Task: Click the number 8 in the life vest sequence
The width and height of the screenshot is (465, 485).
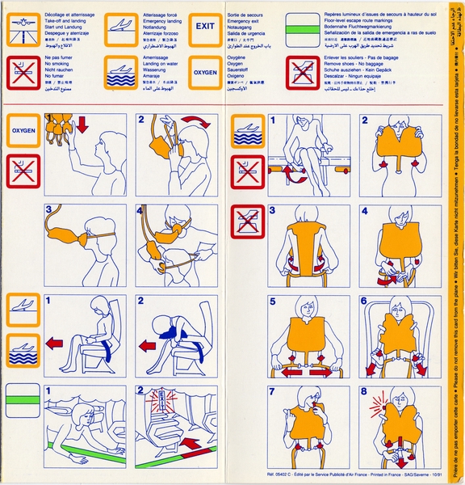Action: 366,393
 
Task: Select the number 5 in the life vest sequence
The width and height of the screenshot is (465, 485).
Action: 273,302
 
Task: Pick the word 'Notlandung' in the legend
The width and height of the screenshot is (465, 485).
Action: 157,26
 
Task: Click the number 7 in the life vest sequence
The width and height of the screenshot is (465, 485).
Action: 273,393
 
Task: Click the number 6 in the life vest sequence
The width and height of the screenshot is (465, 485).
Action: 365,302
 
